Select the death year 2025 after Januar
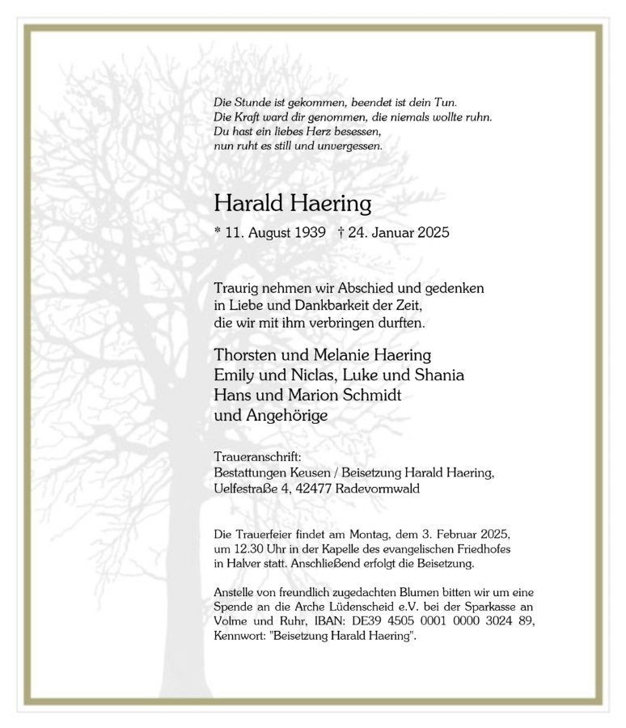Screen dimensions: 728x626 [432, 233]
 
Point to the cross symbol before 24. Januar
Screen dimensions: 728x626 [341, 233]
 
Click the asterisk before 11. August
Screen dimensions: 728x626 [218, 233]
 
